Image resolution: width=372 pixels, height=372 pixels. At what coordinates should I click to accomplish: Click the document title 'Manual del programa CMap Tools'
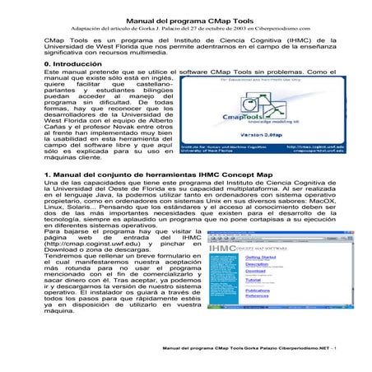pyautogui.click(x=185, y=15)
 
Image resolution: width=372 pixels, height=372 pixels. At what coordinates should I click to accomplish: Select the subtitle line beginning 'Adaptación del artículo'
pyautogui.click(x=185, y=26)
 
